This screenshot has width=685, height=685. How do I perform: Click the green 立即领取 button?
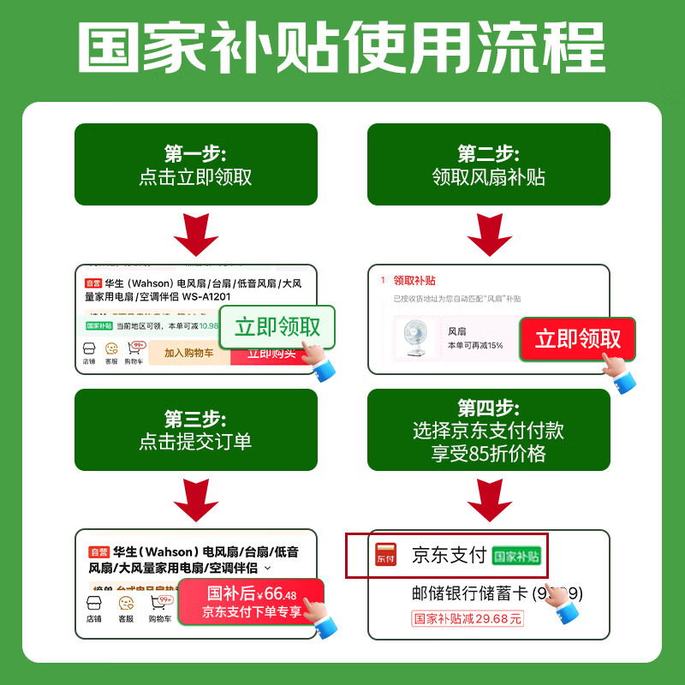tap(277, 327)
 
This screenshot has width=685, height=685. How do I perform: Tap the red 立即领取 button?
tap(577, 339)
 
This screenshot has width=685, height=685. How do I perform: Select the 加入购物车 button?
tap(188, 353)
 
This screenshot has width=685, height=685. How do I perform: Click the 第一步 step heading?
tap(195, 154)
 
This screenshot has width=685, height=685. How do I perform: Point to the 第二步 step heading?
tap(488, 154)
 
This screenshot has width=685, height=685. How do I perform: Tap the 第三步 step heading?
tap(195, 420)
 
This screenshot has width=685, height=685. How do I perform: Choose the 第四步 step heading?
tap(488, 408)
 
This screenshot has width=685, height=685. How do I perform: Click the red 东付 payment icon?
tap(387, 554)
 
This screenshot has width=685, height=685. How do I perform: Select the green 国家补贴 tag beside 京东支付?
tap(517, 556)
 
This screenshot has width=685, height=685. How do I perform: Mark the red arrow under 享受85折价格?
tap(489, 498)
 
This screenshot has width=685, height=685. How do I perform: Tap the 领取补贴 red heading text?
tap(414, 280)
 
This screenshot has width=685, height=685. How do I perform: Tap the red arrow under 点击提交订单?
tap(195, 498)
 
